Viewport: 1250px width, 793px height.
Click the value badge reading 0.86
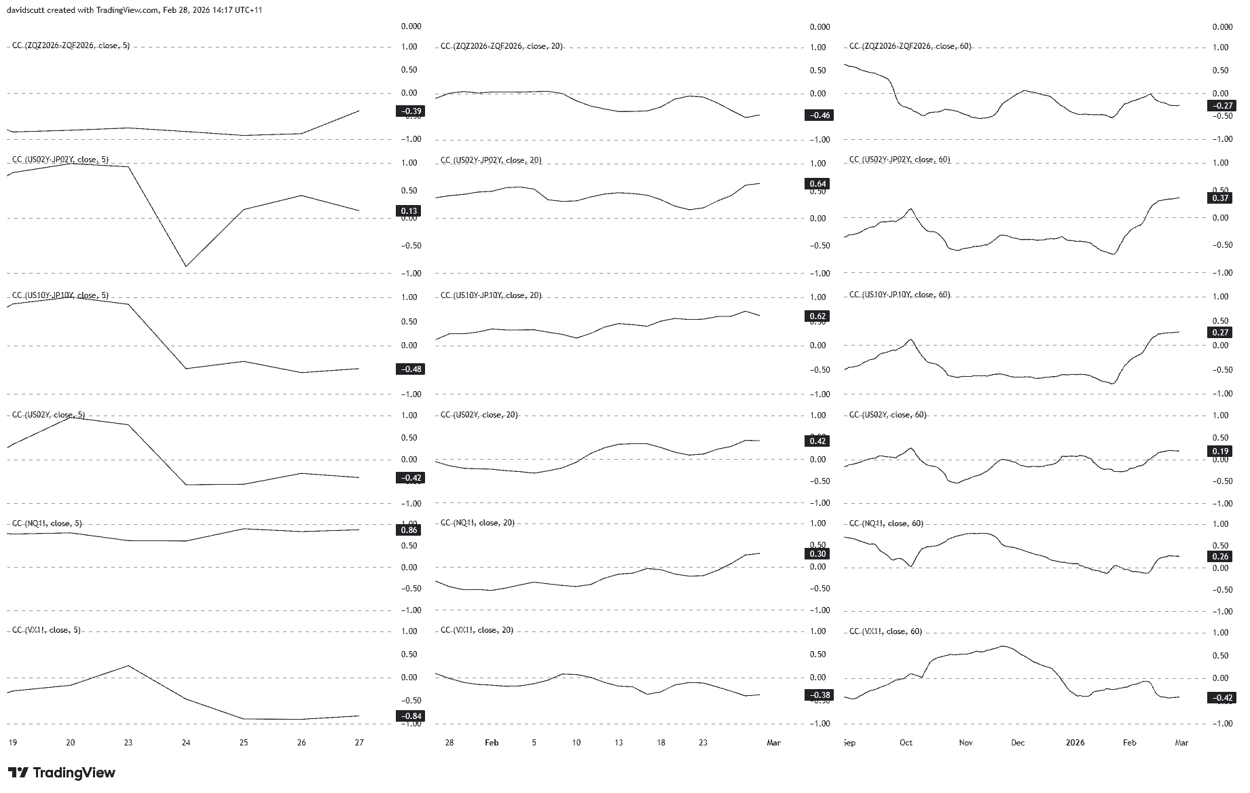(409, 530)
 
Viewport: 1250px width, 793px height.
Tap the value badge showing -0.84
(409, 716)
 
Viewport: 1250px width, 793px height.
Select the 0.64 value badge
(817, 184)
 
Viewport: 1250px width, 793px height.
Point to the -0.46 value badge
(817, 115)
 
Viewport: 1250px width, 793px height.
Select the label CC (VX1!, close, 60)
(885, 631)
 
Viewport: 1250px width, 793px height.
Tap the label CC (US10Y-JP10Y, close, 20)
(490, 295)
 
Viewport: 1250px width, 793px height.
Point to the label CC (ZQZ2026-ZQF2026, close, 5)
(71, 45)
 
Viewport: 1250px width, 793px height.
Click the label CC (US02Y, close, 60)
(887, 415)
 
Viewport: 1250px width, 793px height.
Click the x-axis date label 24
(186, 742)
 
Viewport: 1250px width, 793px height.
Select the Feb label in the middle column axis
(492, 742)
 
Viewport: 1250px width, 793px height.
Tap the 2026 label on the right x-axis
(1075, 742)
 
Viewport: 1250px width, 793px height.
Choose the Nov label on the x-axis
(966, 742)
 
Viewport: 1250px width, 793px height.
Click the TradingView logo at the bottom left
(62, 773)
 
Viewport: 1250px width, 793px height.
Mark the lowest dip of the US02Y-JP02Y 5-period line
(186, 266)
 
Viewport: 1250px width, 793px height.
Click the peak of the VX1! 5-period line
(128, 665)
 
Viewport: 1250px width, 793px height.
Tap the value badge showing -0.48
(409, 369)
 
